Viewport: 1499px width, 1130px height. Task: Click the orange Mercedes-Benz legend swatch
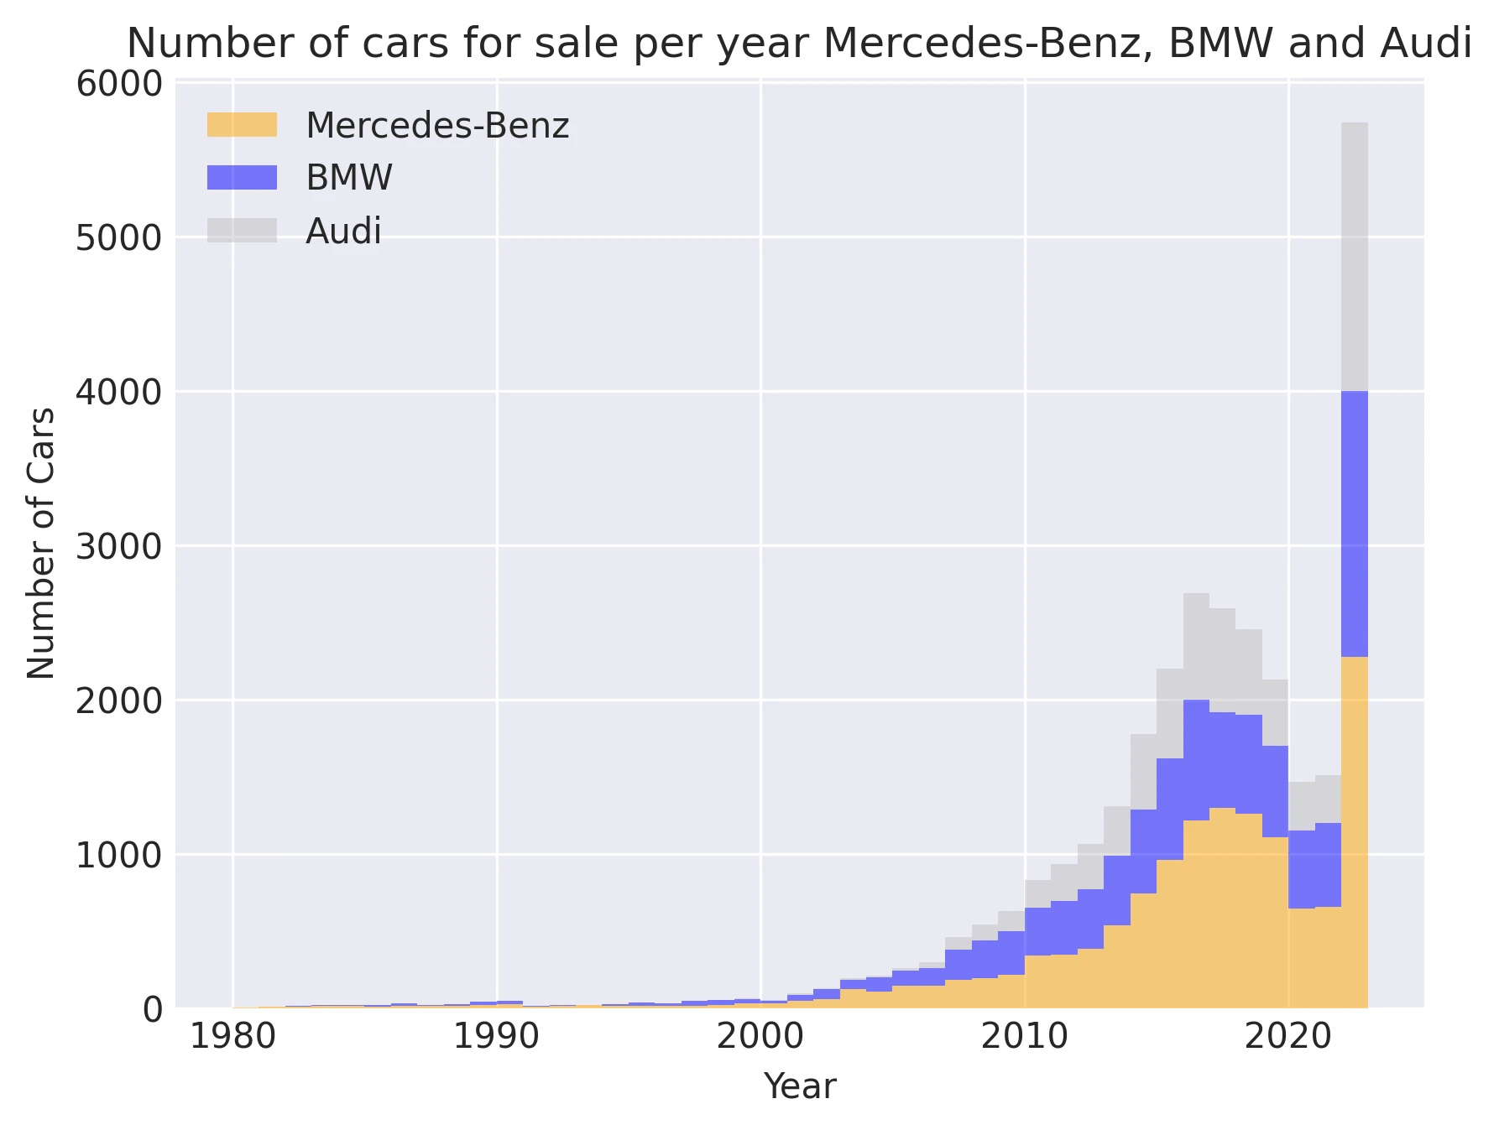(x=242, y=125)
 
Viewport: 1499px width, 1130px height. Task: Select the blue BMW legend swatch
(x=242, y=178)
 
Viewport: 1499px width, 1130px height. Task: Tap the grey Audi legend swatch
(x=242, y=231)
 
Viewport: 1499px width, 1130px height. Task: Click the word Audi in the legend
(x=343, y=232)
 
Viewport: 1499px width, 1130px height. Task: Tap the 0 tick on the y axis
(x=152, y=1009)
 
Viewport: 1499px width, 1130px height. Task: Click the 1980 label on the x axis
(x=232, y=1038)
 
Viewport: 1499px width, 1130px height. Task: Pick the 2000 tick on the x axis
(x=760, y=1038)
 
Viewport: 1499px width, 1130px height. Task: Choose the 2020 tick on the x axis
(x=1287, y=1038)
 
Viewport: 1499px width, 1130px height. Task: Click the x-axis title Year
(x=799, y=1087)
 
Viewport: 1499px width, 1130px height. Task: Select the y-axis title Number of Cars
(x=41, y=544)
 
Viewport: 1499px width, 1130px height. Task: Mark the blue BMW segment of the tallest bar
(x=1354, y=524)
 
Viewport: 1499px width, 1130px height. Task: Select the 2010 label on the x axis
(x=1024, y=1038)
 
